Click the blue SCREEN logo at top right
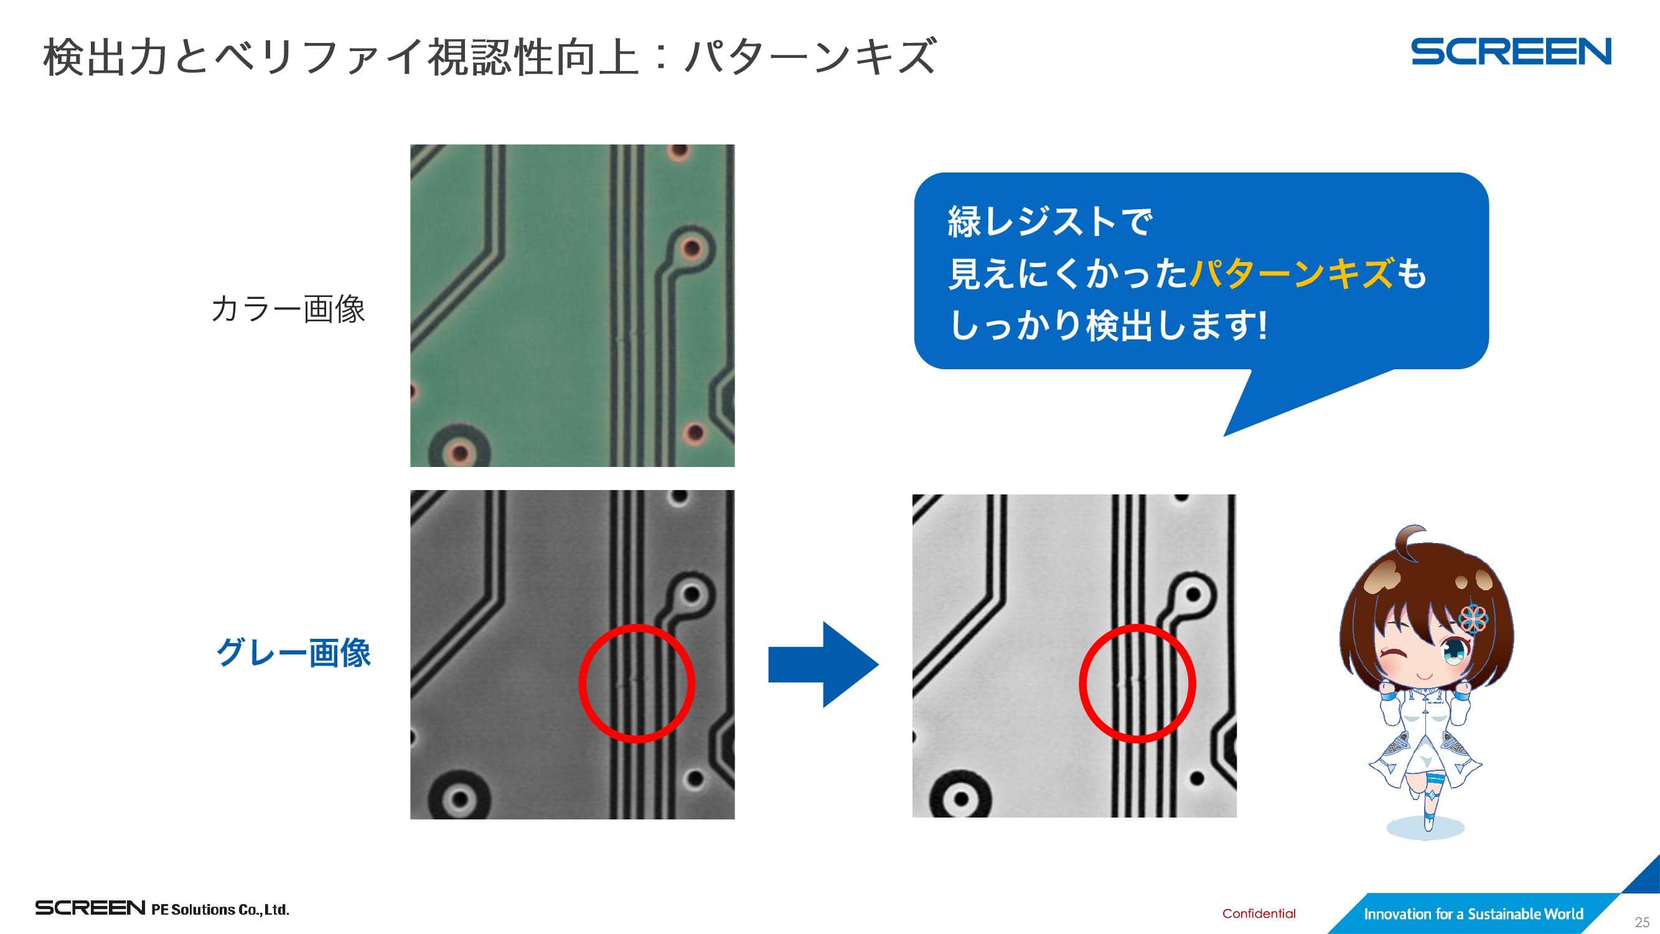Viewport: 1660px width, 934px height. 1511,52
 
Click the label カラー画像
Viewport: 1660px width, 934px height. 288,309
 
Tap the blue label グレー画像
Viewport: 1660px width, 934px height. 293,653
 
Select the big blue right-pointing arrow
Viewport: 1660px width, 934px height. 823,664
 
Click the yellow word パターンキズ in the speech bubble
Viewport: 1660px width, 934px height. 1292,273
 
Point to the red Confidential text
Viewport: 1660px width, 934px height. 1259,913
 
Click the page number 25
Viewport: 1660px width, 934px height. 1642,922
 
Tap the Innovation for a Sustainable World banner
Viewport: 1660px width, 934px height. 1473,914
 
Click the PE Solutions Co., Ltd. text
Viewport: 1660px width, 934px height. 220,910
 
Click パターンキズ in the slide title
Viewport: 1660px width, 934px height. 810,57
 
